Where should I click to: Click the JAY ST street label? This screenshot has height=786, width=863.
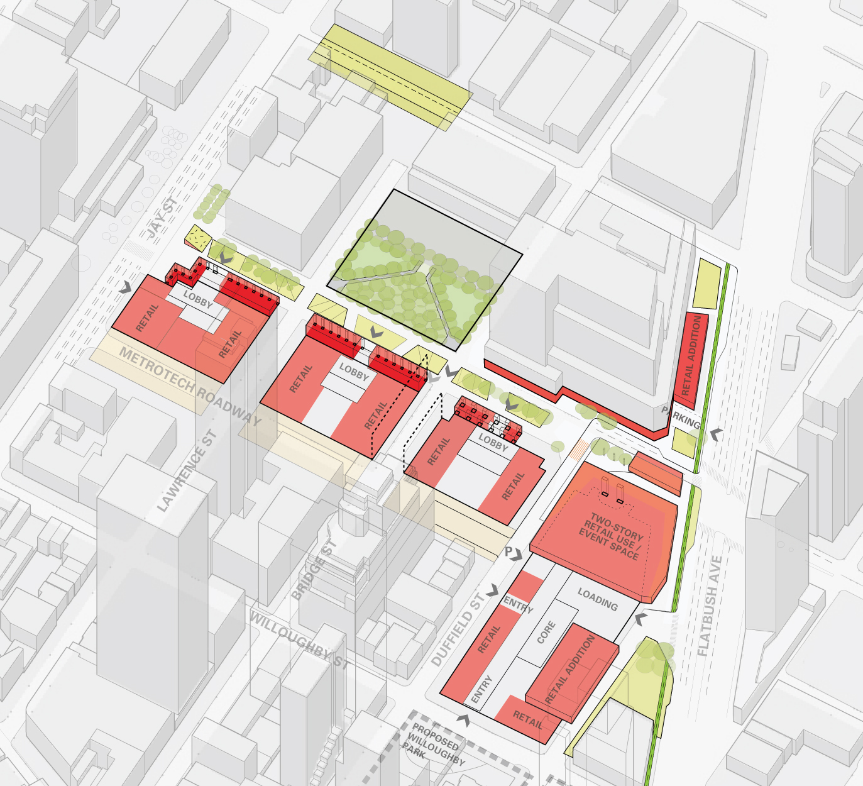pyautogui.click(x=162, y=217)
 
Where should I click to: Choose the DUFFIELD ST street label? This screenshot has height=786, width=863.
pyautogui.click(x=458, y=630)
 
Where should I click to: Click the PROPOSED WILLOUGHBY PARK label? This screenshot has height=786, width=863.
pyautogui.click(x=435, y=743)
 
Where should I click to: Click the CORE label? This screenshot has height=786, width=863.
pyautogui.click(x=546, y=632)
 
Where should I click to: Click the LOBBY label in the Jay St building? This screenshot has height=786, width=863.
pyautogui.click(x=198, y=299)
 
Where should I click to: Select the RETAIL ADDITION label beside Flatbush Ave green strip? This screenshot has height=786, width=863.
pyautogui.click(x=691, y=355)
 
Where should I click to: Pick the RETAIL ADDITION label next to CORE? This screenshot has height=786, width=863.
pyautogui.click(x=569, y=669)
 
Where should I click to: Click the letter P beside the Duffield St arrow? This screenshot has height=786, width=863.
pyautogui.click(x=508, y=551)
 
